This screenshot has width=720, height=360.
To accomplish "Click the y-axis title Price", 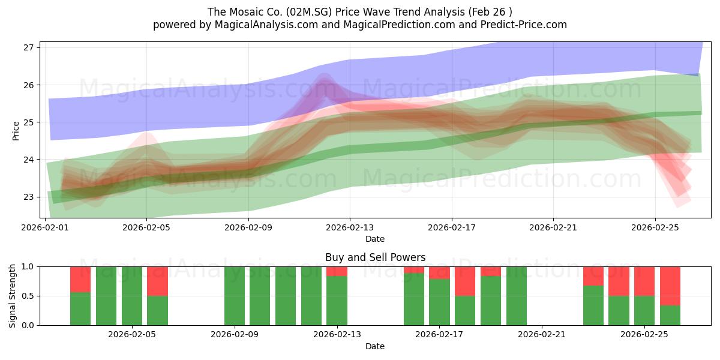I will point(16,130).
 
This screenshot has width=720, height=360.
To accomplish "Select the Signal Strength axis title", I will point(13,296).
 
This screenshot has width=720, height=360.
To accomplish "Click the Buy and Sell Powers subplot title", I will point(375,257).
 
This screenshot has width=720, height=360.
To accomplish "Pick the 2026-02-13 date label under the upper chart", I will point(350,227).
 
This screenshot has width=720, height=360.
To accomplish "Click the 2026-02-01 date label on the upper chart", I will point(46,227).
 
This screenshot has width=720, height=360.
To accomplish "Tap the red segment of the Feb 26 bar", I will point(670,286).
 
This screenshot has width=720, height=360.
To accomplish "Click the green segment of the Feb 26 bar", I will point(670,316).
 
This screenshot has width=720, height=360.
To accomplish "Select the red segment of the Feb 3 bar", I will point(80,279).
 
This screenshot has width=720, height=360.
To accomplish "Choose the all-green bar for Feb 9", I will point(235,296).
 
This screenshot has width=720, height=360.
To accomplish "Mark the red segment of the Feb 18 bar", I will point(465,281).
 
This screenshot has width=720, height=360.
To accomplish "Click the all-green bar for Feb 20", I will point(517,296).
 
